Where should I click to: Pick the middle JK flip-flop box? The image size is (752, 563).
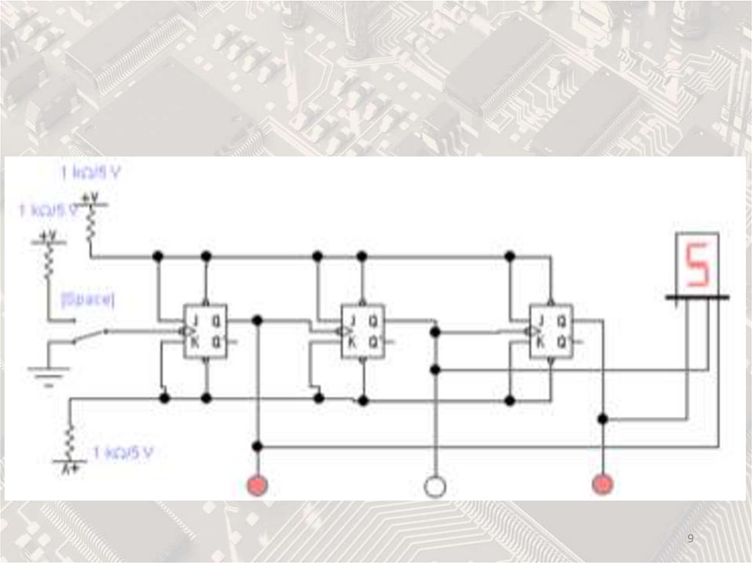pos(363,331)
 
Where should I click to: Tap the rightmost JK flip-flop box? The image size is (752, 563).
pos(551,331)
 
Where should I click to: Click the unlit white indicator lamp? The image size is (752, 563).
pos(435,485)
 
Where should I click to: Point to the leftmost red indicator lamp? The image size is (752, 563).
pos(257,484)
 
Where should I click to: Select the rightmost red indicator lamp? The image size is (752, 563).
pos(602,484)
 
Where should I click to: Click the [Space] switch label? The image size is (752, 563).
pos(88,299)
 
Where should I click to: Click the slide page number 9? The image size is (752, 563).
pos(690,540)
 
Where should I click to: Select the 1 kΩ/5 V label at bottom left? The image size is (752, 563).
pos(123,451)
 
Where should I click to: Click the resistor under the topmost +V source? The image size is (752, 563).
pos(90,225)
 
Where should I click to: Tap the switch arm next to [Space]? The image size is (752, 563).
pos(90,335)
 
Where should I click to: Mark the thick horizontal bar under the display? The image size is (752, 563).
pos(697,297)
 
